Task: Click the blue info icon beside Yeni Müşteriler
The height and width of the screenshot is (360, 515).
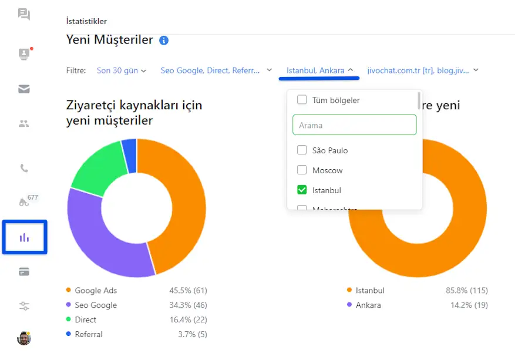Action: [164, 41]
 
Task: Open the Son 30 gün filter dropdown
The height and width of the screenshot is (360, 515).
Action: [121, 70]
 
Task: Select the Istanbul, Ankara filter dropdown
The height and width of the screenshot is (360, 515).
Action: [319, 70]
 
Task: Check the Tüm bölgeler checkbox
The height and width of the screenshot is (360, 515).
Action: [302, 100]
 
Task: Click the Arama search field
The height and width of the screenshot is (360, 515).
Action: [354, 125]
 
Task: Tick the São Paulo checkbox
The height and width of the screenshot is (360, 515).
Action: [302, 150]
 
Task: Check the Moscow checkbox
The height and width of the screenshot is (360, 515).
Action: [302, 170]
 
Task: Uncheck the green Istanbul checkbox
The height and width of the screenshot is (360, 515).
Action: [302, 190]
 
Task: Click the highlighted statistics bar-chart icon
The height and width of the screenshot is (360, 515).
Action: [24, 237]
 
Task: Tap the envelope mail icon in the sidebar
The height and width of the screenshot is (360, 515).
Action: [24, 89]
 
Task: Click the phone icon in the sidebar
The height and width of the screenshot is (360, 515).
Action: [24, 168]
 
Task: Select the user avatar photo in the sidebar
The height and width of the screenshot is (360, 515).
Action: [24, 338]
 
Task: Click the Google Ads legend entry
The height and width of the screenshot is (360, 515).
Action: [95, 291]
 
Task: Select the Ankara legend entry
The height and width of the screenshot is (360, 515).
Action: [368, 305]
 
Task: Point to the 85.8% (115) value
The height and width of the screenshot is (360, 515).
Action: [466, 291]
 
